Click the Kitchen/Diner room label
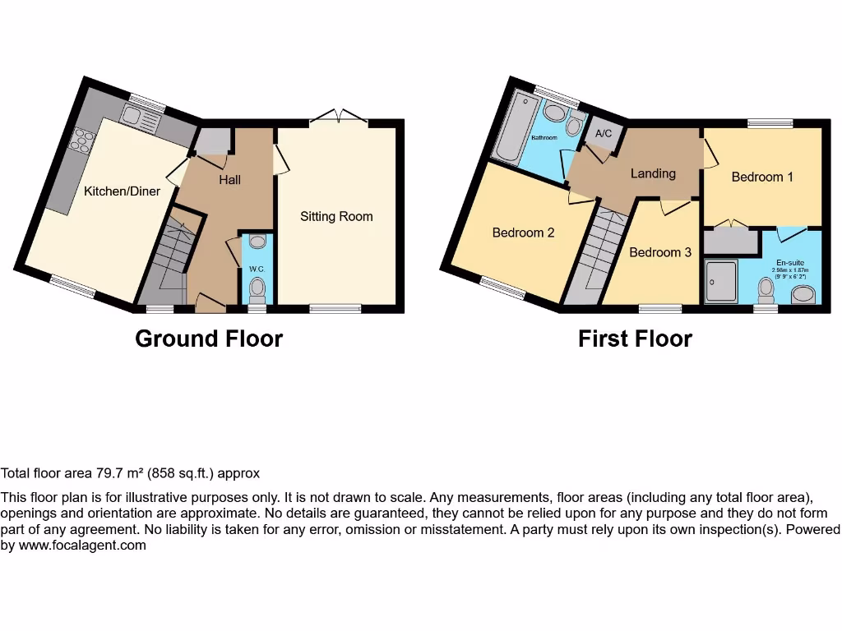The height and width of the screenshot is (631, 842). click(123, 191)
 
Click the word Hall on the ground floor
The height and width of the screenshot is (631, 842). click(229, 179)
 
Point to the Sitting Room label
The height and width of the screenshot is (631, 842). click(336, 217)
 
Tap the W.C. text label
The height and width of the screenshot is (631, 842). click(257, 269)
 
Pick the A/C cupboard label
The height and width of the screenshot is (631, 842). click(604, 134)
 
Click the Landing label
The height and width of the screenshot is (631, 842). click(653, 173)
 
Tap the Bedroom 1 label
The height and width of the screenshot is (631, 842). click(762, 177)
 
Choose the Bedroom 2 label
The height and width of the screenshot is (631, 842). click(523, 233)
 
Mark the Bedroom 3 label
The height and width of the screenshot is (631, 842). click(660, 252)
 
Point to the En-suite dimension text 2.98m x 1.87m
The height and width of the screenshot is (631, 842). click(789, 270)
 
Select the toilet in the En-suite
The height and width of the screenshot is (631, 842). click(767, 290)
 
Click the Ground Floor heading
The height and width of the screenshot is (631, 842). click(209, 339)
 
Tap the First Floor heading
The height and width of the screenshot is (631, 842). click(635, 339)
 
